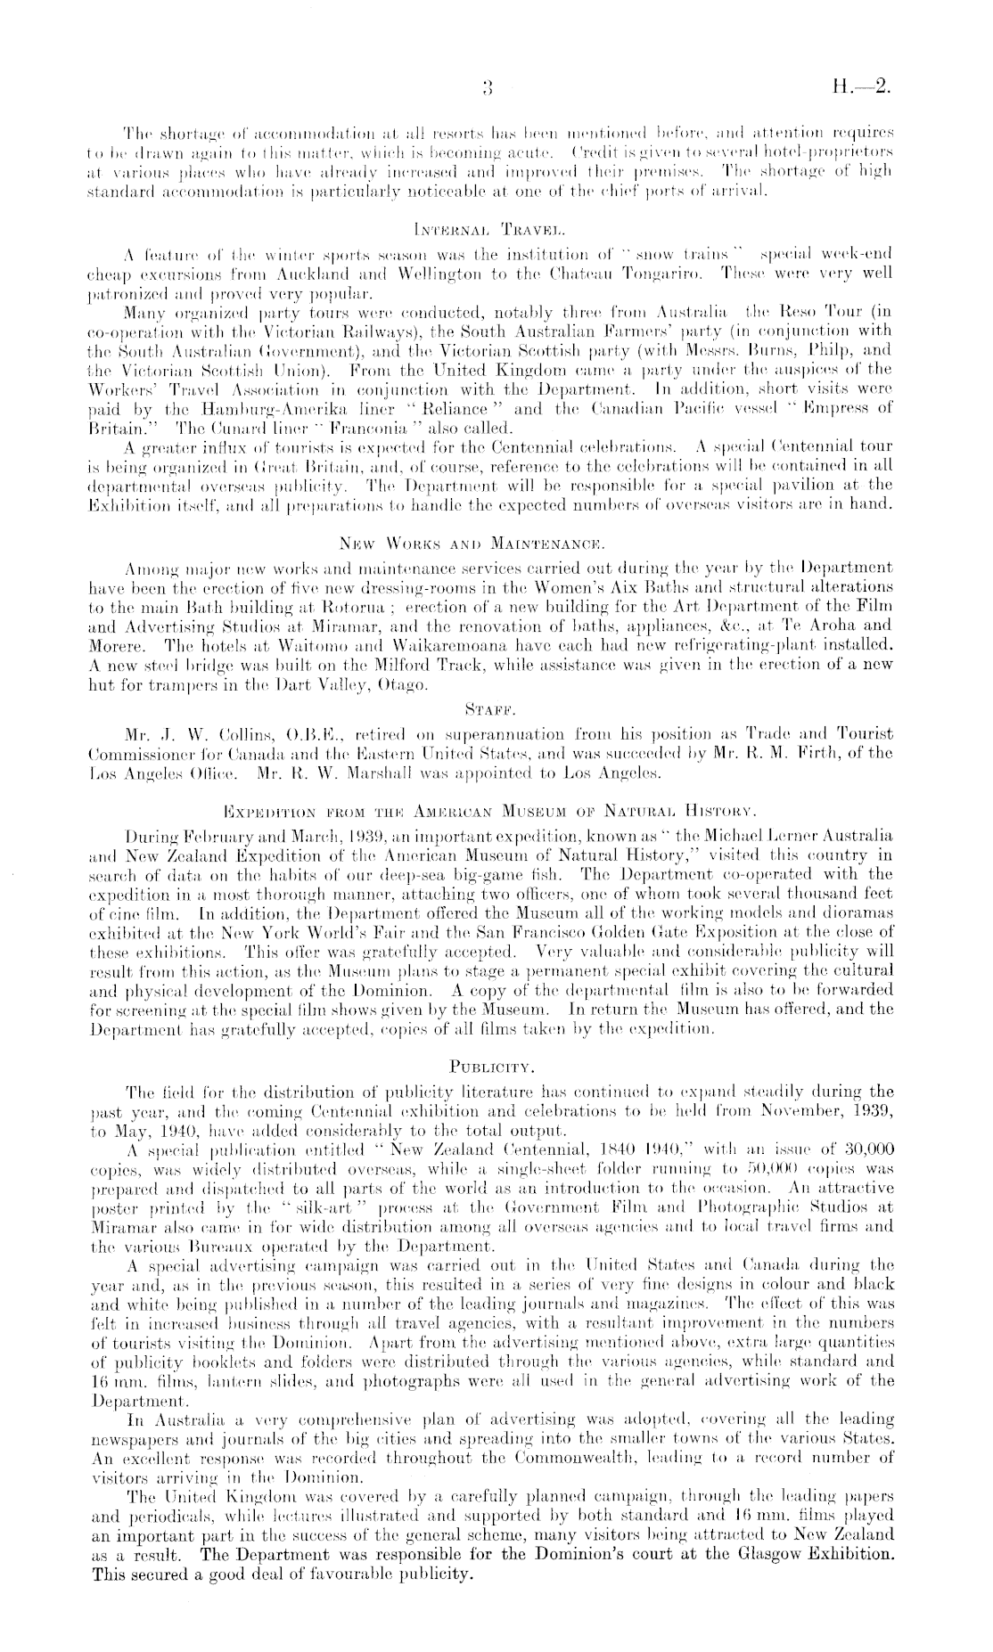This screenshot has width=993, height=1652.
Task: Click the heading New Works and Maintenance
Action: coord(497,543)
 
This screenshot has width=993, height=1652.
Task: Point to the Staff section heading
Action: coord(497,708)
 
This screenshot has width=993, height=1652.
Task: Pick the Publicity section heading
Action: coord(497,1062)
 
